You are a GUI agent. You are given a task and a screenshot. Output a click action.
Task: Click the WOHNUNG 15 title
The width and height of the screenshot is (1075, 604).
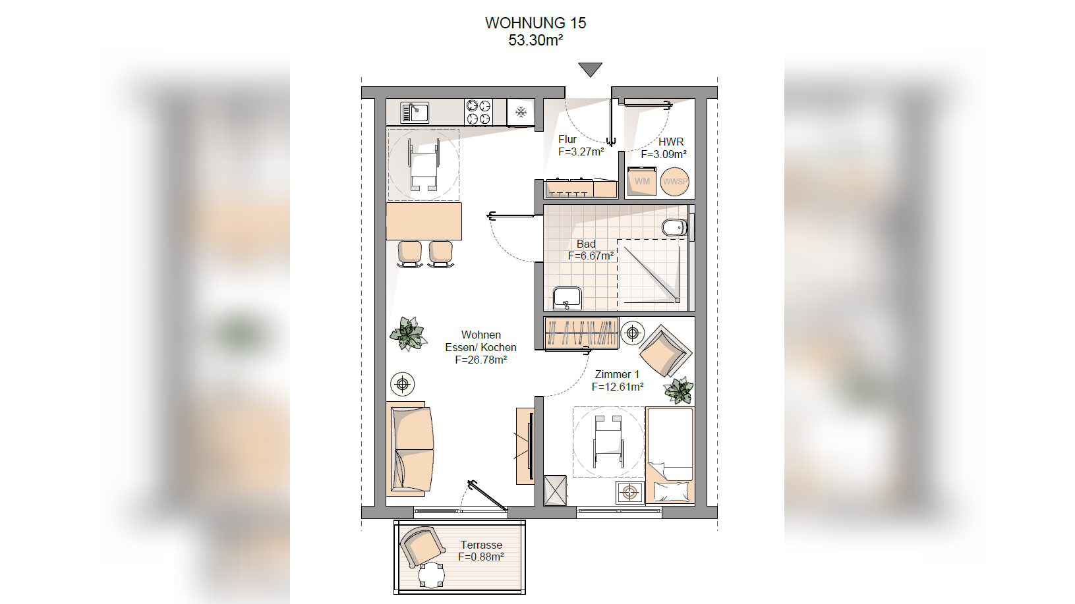pos(536,23)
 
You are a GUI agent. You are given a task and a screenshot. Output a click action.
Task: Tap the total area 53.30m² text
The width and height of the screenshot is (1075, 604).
pos(536,40)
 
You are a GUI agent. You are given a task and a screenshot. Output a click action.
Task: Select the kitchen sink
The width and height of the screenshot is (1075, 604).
pos(415,113)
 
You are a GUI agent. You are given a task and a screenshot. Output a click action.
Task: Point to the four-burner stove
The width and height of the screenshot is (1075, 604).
pos(479,112)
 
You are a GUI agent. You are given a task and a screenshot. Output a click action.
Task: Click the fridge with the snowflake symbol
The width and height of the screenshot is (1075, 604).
pos(521,113)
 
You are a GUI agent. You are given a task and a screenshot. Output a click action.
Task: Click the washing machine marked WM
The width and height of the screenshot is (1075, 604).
pos(642,181)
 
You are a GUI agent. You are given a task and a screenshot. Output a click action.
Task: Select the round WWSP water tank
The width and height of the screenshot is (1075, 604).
pos(675,181)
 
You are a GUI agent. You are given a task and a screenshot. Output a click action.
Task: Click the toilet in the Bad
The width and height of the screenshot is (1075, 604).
pos(675,227)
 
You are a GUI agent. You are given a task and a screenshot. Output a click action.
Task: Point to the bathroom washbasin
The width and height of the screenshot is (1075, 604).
pos(567,298)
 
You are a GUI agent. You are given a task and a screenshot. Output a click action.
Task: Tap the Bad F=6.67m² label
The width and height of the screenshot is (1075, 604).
pos(591,250)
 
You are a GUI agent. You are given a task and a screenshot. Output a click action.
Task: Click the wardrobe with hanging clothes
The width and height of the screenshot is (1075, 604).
pos(581,333)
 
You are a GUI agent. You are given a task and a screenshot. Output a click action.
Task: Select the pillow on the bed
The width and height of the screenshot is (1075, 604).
pos(671,492)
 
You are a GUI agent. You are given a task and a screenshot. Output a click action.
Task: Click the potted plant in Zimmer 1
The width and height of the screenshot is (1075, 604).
pos(679,390)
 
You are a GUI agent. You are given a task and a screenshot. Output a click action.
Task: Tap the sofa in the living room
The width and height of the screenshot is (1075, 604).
pos(411,449)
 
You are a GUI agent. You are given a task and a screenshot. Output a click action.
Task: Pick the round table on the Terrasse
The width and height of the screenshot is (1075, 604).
pos(432,575)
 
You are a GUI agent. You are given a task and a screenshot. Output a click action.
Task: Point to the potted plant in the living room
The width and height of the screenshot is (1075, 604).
pos(408,333)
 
